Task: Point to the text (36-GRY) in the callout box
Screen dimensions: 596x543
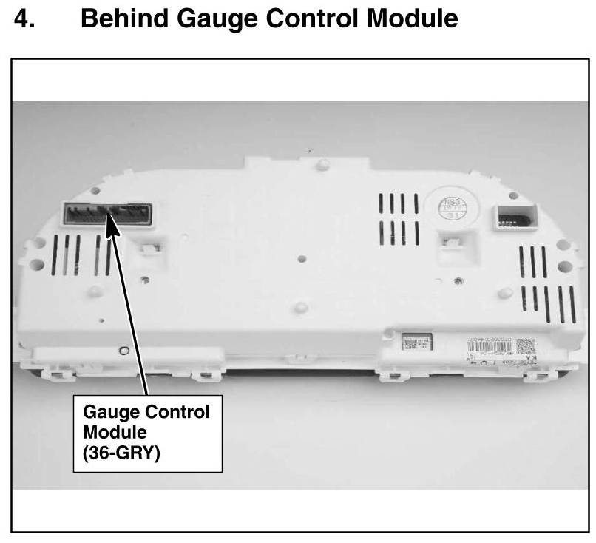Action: (x=122, y=451)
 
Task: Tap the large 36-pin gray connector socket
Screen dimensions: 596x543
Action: (x=107, y=215)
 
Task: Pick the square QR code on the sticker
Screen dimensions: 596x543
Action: (x=524, y=346)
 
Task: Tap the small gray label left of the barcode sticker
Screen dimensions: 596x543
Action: (x=416, y=343)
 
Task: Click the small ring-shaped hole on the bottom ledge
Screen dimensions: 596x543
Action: (x=124, y=351)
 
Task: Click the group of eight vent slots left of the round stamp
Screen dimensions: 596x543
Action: (x=399, y=219)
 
